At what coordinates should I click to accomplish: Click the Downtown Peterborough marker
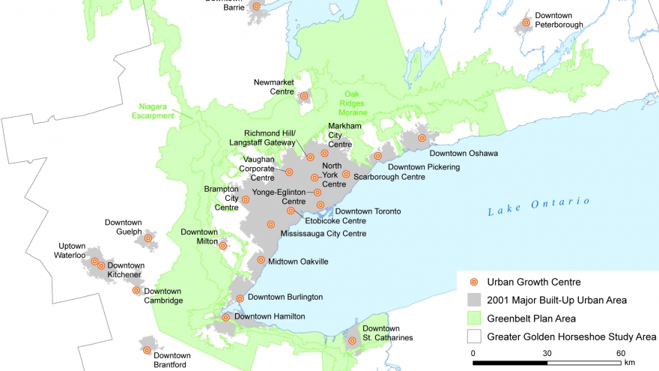[x=526, y=23]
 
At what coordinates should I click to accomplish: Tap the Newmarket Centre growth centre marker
[x=304, y=96]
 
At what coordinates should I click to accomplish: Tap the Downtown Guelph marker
[x=148, y=238]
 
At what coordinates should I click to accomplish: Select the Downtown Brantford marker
[x=147, y=350]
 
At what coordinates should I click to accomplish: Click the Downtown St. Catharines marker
[x=352, y=341]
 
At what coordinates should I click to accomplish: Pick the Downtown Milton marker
[x=223, y=245]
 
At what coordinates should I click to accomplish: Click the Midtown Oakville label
[x=300, y=261]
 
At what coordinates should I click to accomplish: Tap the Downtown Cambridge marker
[x=136, y=290]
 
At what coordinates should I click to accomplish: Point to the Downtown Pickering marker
[x=378, y=156]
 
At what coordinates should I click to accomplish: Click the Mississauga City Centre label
[x=324, y=234]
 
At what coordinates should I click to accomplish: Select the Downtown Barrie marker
[x=256, y=6]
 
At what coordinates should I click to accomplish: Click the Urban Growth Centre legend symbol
[x=473, y=282]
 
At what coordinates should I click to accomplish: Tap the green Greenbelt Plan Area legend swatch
[x=473, y=318]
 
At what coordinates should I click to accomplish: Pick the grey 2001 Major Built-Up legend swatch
[x=473, y=300]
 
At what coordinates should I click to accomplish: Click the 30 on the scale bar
[x=547, y=354]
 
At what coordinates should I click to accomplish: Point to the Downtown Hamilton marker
[x=226, y=317]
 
